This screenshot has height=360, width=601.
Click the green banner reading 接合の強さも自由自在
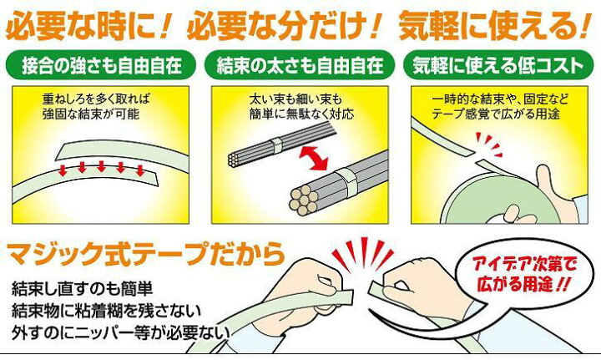(101, 65)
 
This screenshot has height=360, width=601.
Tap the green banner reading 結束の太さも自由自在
(300, 65)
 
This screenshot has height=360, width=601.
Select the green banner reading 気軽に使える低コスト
(498, 65)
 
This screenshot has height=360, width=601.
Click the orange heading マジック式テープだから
(146, 253)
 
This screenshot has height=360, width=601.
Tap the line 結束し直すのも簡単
(83, 288)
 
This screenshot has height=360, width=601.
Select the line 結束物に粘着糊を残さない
(106, 310)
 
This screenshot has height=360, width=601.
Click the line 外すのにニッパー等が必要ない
(120, 332)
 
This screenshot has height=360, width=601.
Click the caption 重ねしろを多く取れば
(96, 99)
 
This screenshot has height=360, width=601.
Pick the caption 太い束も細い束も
(295, 99)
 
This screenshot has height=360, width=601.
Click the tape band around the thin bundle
(277, 145)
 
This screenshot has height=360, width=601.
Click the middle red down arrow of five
(101, 166)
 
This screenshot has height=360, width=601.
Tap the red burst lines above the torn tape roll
(488, 145)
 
